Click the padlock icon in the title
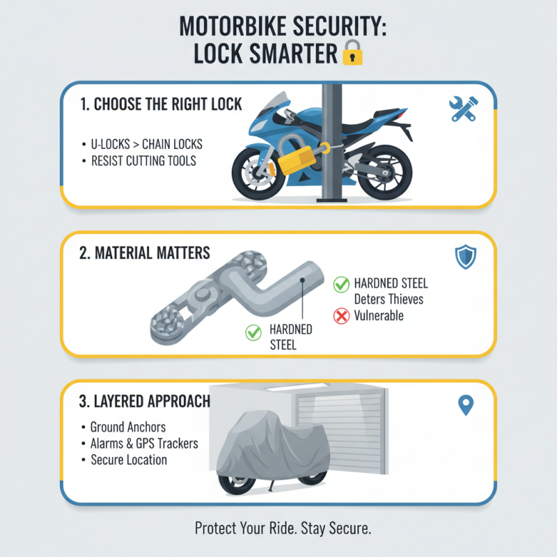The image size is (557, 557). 352,53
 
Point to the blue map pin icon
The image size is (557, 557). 466,405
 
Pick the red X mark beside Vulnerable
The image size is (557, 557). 341,315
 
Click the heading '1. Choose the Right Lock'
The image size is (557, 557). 161,104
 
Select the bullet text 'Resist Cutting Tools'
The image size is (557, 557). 143,161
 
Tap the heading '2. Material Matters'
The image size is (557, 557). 146,253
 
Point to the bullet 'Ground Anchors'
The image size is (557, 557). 127,427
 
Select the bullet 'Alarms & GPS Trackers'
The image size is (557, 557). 144,444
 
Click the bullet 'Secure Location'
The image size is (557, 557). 129,460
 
